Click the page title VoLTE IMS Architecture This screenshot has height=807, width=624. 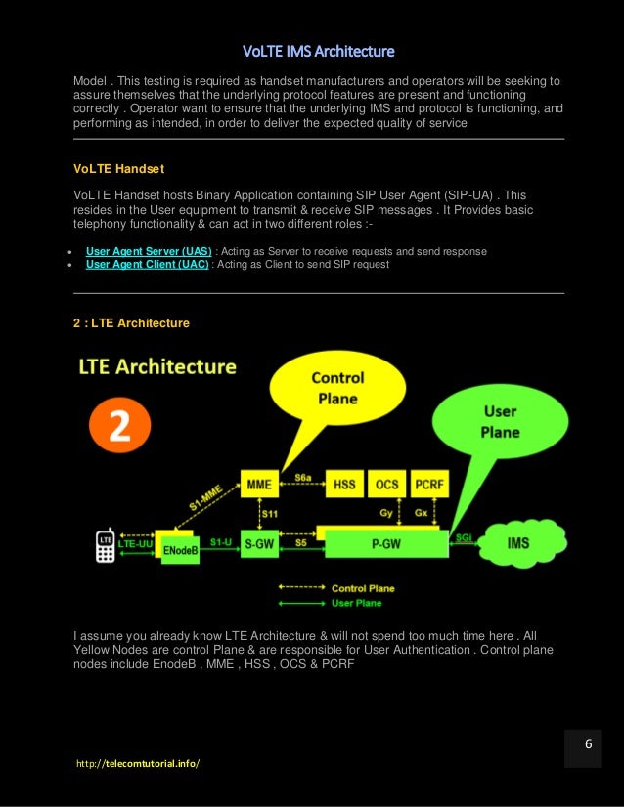click(318, 51)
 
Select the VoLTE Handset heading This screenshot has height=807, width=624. click(112, 168)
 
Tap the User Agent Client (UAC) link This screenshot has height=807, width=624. click(147, 264)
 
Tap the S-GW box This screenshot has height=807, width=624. click(259, 544)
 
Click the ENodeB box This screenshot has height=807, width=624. click(182, 550)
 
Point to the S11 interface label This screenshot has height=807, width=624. click(267, 511)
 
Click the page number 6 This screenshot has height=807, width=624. click(588, 743)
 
